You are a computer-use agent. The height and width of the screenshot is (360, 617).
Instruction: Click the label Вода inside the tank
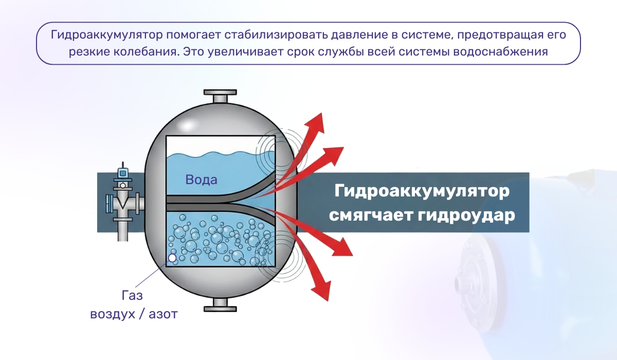pyautogui.click(x=202, y=180)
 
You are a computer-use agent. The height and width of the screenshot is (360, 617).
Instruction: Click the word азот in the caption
pyautogui.click(x=163, y=314)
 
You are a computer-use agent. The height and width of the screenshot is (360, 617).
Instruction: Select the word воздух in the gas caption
pyautogui.click(x=112, y=314)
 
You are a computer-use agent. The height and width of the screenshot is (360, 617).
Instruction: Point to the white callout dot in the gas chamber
pyautogui.click(x=172, y=258)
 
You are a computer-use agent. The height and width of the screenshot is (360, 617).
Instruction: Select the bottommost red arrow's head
pyautogui.click(x=322, y=291)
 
